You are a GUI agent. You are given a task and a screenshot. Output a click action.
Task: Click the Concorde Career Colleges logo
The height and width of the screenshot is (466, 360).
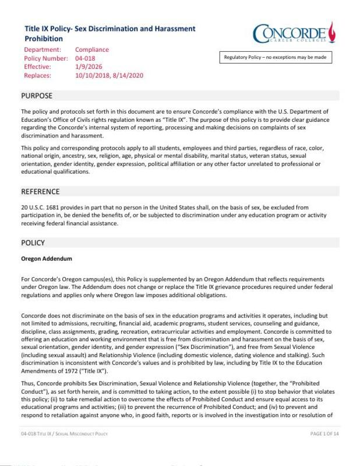294,34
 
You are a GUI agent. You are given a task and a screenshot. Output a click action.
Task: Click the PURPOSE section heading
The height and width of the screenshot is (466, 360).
37,96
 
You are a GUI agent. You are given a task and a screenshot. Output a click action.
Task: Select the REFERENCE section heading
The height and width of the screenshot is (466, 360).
40,191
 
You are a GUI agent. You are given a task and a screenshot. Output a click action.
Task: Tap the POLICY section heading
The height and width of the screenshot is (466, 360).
33,242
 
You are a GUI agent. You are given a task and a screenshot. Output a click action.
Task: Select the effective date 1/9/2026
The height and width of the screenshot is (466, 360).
87,67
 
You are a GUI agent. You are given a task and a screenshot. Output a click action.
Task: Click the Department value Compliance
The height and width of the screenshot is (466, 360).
92,50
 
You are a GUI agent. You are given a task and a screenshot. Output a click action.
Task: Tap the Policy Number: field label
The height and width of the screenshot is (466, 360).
46,58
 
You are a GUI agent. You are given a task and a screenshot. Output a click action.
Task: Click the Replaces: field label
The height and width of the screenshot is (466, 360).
38,76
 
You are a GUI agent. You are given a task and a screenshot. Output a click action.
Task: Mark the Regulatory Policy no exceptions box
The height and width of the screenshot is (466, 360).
276,58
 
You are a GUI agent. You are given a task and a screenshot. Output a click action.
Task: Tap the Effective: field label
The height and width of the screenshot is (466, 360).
38,67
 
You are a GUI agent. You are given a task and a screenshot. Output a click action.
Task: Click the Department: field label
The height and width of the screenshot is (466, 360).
43,50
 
